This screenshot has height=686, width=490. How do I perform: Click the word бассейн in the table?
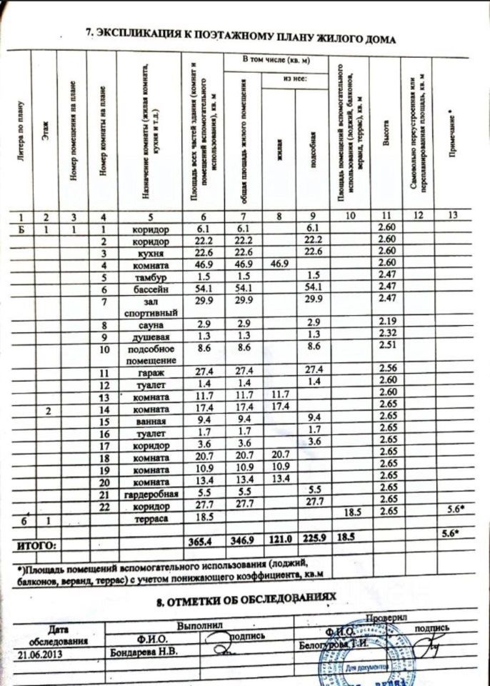point(151,289)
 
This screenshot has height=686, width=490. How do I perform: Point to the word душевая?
point(151,337)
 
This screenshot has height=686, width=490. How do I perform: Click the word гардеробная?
point(151,494)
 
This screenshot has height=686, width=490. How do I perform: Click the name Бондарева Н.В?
point(143,651)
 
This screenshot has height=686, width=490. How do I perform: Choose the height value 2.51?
point(386,348)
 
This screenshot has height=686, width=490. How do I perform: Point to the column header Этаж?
point(46,131)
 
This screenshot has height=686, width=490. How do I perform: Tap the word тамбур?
point(151,277)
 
